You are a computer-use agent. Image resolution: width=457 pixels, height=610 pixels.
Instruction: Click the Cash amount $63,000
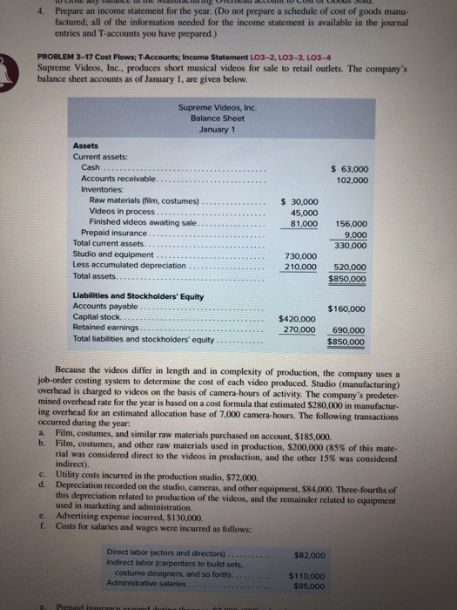click(x=351, y=167)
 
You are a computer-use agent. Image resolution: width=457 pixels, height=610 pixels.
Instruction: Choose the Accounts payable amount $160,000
click(x=346, y=308)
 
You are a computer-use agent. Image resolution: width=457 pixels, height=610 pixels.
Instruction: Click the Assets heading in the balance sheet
click(x=87, y=146)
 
